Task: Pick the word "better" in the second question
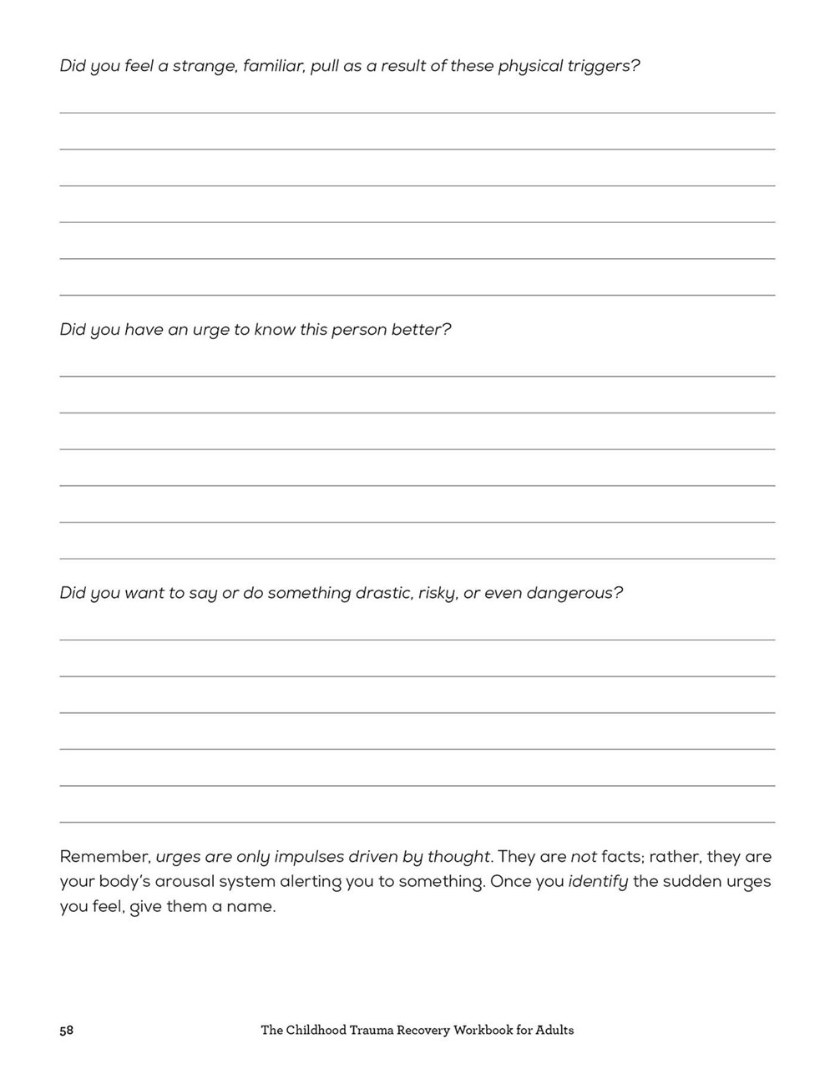(x=421, y=330)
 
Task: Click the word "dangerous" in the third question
(x=576, y=594)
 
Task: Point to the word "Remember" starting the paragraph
(x=104, y=857)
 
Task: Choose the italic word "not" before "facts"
(x=584, y=857)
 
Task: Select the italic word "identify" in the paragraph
(x=598, y=882)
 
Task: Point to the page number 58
(x=67, y=1031)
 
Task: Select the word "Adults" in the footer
(x=554, y=1031)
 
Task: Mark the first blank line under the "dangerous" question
(x=417, y=640)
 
